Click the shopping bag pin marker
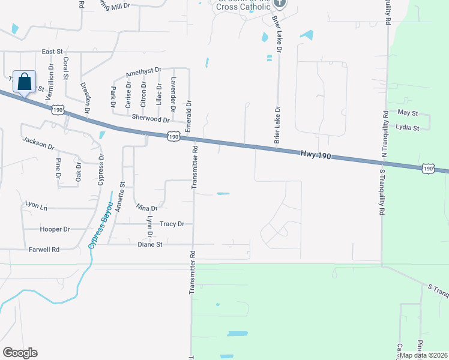25,82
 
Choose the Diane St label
150,244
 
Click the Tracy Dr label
172,224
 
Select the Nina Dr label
146,208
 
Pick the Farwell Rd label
44,249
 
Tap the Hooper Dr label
55,229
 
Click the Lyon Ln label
36,205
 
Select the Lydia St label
408,127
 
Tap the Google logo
20,352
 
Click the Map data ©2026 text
423,355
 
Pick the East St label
52,52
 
